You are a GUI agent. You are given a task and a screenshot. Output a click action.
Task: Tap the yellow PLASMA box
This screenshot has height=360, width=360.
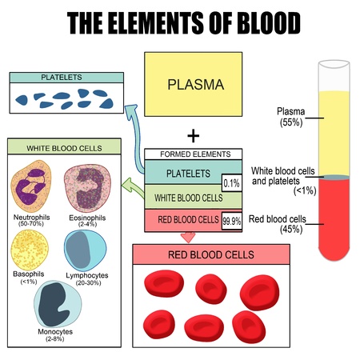tap(194, 84)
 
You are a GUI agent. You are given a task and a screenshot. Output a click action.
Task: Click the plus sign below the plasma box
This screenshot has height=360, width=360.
tap(194, 136)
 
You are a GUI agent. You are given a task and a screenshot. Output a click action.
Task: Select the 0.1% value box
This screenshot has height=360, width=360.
tap(232, 183)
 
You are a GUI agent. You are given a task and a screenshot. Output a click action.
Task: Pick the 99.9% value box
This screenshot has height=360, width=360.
tap(232, 221)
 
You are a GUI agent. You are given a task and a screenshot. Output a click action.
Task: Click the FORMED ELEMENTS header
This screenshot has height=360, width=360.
tap(194, 154)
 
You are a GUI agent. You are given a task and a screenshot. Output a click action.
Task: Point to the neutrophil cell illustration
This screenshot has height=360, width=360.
tap(30, 186)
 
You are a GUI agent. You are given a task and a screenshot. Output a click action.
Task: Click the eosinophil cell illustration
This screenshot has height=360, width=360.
tap(87, 188)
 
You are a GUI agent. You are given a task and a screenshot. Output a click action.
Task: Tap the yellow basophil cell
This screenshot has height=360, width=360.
tap(30, 250)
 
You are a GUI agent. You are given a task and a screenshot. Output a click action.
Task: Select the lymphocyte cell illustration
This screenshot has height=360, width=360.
tap(86, 250)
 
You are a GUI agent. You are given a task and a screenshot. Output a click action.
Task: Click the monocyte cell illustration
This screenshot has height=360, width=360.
tap(58, 304)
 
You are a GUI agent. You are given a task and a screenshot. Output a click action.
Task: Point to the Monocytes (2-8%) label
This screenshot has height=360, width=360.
tap(55, 335)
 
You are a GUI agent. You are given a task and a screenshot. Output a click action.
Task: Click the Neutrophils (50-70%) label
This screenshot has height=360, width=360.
tap(31, 220)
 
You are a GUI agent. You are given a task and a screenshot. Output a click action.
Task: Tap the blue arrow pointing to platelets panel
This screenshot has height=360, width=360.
tap(136, 138)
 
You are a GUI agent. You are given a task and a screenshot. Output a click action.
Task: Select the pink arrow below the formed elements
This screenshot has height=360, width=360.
tap(188, 237)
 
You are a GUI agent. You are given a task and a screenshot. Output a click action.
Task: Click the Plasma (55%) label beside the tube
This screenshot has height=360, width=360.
tap(291, 117)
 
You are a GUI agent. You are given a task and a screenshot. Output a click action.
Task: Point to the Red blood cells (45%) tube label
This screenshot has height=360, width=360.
tap(278, 224)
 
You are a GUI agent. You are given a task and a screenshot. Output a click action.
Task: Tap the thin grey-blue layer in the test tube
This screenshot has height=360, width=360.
tap(334, 178)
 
